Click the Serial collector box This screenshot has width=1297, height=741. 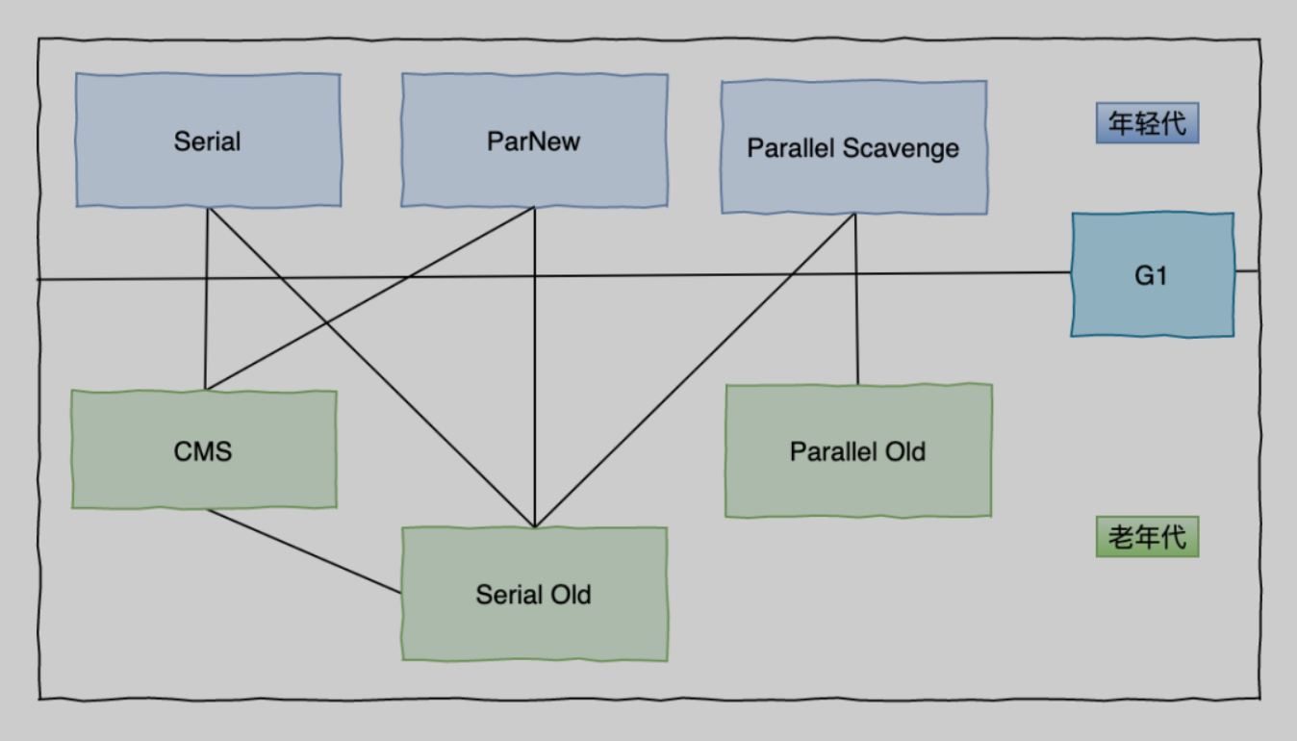point(208,141)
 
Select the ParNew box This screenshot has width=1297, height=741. point(534,141)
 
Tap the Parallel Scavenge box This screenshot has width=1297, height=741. point(853,147)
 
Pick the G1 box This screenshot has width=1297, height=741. point(1152,275)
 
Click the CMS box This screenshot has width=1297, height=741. point(204,449)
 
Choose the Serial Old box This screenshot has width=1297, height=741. point(534,594)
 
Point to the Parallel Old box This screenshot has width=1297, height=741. point(857,450)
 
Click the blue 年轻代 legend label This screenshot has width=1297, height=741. point(1147,124)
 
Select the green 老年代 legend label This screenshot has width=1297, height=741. point(1147,537)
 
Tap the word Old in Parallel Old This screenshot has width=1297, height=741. point(906,451)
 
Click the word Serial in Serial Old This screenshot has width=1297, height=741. point(505,595)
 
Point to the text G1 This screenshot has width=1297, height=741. point(1151,276)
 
